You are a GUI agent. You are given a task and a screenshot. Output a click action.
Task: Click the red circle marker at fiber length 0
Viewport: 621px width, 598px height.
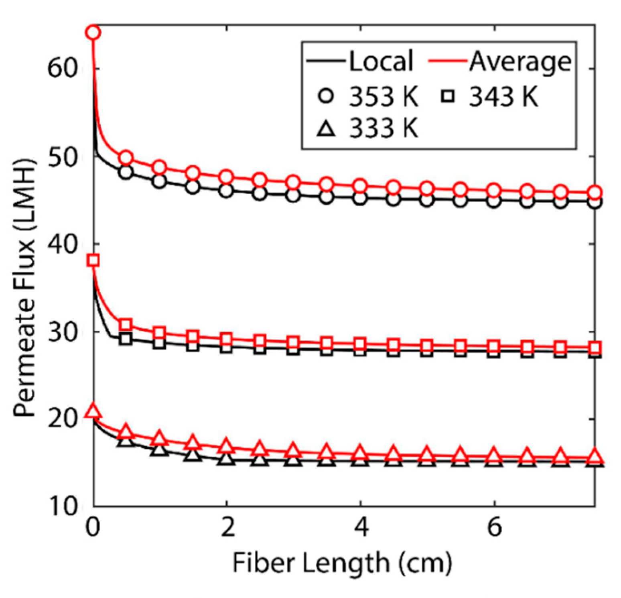click(x=93, y=33)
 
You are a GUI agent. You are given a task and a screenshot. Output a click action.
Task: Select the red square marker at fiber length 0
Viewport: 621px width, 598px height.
click(x=93, y=260)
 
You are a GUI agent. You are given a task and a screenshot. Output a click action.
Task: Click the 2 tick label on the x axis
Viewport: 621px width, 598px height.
click(x=227, y=527)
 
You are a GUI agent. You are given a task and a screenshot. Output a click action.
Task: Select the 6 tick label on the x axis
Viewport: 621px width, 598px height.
click(x=494, y=527)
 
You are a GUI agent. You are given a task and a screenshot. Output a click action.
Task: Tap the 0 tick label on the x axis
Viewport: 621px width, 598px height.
click(x=93, y=527)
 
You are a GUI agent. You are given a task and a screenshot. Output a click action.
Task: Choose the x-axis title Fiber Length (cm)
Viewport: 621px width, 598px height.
click(x=342, y=563)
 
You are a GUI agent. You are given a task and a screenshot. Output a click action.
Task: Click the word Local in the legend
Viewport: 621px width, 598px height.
click(x=381, y=61)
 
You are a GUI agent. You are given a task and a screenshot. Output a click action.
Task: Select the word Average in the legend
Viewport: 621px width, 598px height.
click(x=520, y=61)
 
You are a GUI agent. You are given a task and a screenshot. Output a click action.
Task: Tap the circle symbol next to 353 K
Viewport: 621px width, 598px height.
click(x=327, y=97)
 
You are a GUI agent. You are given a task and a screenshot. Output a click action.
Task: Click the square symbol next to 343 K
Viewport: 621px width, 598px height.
click(x=448, y=97)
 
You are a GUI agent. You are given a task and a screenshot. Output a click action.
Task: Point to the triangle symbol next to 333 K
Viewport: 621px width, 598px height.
click(x=327, y=129)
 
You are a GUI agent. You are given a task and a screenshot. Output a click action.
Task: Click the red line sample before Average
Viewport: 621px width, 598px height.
click(x=448, y=61)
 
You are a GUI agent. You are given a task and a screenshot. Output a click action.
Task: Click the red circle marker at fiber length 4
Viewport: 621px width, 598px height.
click(x=360, y=186)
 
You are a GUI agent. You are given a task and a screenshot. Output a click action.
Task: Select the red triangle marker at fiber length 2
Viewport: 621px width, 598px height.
click(x=227, y=446)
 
